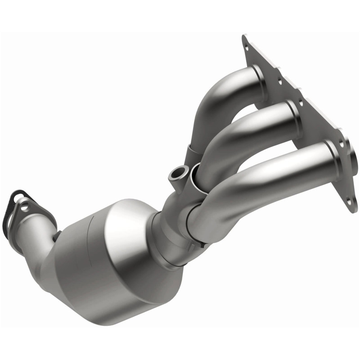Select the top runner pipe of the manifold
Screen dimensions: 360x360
pyautogui.click(x=225, y=90)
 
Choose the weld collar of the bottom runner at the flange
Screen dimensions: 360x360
pyautogui.click(x=331, y=153)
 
